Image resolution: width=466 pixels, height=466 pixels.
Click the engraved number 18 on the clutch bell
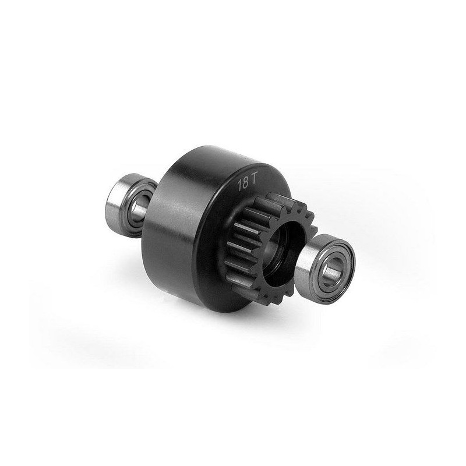pos(243,184)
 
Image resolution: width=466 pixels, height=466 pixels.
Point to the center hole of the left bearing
pos(139,207)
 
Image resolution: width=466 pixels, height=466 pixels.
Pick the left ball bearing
pos(130,206)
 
